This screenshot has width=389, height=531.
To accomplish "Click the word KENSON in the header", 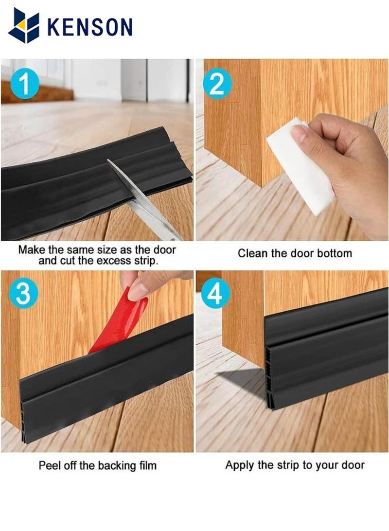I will [x=89, y=27].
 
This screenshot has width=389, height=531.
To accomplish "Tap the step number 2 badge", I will [x=217, y=83].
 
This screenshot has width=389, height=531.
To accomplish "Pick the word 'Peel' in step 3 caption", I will [x=49, y=465].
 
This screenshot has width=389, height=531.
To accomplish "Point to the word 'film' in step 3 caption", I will [x=147, y=465].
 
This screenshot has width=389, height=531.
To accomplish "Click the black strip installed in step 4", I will [x=326, y=350].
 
